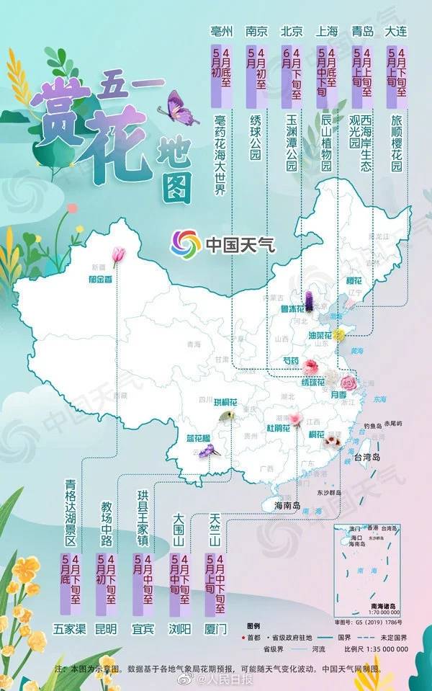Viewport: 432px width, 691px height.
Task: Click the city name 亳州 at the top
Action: pos(220,31)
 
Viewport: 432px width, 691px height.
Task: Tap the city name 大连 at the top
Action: pos(397,31)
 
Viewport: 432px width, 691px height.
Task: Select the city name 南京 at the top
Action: pos(256,31)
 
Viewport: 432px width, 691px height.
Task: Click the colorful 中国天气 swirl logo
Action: pos(185,244)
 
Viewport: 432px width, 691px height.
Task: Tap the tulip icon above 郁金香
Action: pos(118,254)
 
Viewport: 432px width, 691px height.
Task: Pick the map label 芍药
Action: pos(292,362)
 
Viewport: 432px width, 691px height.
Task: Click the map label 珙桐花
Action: pos(214,398)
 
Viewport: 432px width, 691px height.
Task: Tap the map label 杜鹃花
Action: pos(278,429)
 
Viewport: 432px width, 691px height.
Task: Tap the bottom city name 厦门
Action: pos(216,628)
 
